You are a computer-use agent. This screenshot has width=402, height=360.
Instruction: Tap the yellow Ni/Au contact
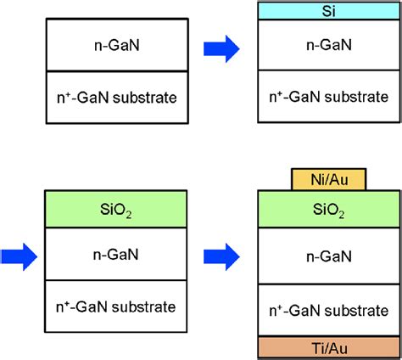[x=326, y=179]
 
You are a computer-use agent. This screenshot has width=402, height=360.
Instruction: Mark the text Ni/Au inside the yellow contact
[x=326, y=179]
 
